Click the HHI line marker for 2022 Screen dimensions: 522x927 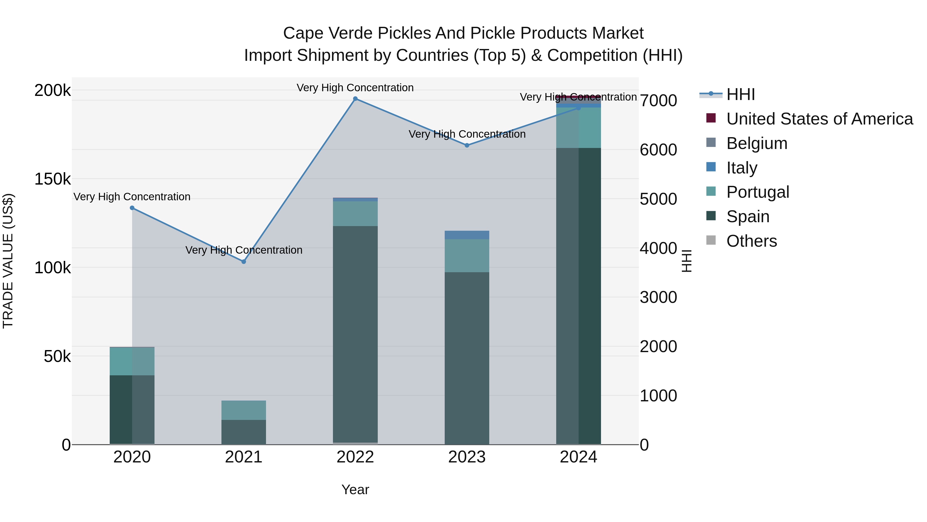[x=355, y=99]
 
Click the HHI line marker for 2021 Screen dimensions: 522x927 [x=244, y=262]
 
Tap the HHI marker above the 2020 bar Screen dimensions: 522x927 [x=132, y=208]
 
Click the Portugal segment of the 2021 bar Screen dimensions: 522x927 [x=244, y=410]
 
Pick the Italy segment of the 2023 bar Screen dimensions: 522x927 [x=467, y=235]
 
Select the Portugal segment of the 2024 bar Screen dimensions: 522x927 [x=578, y=128]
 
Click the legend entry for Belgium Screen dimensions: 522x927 [x=757, y=143]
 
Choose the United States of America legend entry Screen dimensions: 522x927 [x=819, y=119]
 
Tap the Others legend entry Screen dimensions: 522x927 [x=751, y=241]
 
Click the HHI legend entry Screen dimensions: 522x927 [x=740, y=94]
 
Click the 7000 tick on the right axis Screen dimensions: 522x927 [x=658, y=101]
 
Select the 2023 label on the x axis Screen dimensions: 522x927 [x=467, y=457]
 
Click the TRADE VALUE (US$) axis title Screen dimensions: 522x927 [x=8, y=261]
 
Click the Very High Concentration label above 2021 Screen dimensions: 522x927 [x=244, y=250]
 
